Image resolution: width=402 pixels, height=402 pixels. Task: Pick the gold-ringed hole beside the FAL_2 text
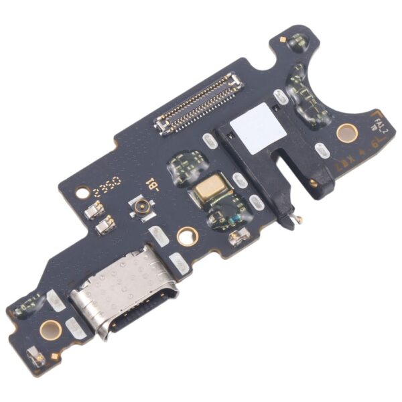(346, 132)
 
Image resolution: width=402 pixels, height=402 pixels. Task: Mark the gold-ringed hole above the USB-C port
(187, 235)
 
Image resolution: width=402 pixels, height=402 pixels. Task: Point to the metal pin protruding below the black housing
(297, 219)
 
